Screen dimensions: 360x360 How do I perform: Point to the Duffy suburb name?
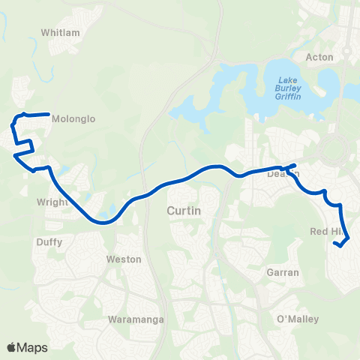coord(49,242)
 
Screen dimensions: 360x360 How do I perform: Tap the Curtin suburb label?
coord(184,211)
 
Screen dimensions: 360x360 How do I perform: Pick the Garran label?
coord(283,274)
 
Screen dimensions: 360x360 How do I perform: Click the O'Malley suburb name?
coord(298,319)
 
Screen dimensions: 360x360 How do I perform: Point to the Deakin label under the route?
coord(283,174)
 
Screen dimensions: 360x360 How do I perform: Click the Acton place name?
coord(319,57)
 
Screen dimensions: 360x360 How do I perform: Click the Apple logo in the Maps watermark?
coord(13,347)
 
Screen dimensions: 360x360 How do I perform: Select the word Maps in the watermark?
coord(33,347)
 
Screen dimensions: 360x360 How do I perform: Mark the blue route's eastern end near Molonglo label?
coord(49,115)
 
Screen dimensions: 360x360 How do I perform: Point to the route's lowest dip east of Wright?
coord(103,222)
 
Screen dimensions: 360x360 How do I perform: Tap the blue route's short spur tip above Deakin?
coord(295,164)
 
